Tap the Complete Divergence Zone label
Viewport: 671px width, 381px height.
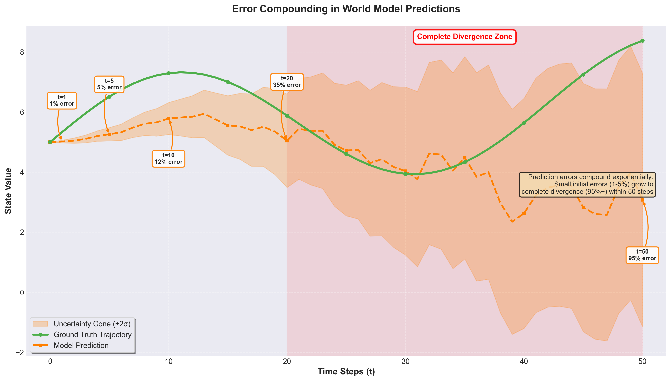[x=464, y=37]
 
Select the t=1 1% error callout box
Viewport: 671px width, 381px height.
[x=62, y=100]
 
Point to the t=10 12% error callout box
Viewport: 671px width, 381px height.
[x=168, y=159]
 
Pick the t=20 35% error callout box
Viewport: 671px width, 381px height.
[x=287, y=82]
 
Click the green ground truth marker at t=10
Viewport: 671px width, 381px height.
[x=168, y=73]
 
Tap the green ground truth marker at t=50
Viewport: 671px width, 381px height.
[x=642, y=41]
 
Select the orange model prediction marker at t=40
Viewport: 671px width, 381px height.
[x=524, y=213]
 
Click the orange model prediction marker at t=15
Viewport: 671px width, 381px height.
[x=228, y=125]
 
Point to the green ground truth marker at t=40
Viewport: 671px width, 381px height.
[x=524, y=123]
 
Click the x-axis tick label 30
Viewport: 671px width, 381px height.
[x=405, y=362]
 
